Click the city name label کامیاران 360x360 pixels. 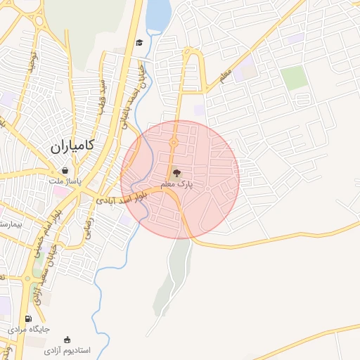[x=72, y=147]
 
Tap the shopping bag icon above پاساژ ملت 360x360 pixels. [x=65, y=170]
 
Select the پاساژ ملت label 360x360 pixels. [x=65, y=181]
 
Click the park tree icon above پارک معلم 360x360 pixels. [x=176, y=172]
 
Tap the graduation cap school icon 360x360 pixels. [x=139, y=43]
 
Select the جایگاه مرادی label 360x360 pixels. [x=29, y=328]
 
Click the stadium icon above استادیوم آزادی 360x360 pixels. [x=67, y=340]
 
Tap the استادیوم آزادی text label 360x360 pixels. [x=67, y=350]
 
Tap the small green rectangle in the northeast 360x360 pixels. [x=295, y=77]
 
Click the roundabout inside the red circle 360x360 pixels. [x=174, y=143]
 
